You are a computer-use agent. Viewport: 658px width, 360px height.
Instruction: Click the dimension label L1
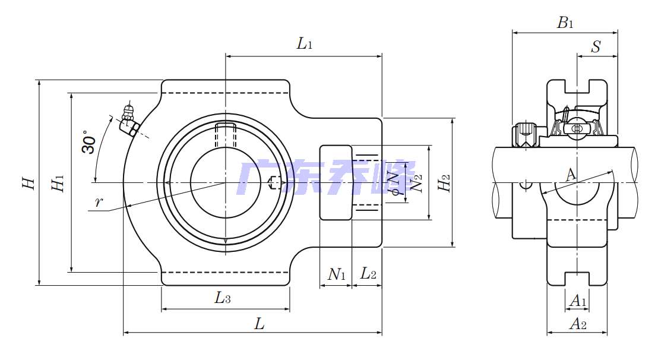[305, 43]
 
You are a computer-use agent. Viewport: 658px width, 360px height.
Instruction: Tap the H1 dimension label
[58, 184]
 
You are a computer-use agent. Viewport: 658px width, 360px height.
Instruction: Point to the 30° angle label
[88, 143]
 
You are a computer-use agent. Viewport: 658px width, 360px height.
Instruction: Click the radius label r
[99, 202]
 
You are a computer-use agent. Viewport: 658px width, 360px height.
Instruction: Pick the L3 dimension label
[223, 298]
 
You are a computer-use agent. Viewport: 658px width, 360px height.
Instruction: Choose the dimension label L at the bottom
[260, 324]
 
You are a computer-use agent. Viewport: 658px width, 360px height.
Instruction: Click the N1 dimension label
[336, 274]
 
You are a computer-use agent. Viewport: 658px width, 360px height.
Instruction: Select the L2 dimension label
[368, 274]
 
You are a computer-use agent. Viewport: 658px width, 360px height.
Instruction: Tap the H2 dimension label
[444, 184]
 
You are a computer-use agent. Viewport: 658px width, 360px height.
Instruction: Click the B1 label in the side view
[565, 23]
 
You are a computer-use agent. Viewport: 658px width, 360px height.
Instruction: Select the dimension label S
[596, 47]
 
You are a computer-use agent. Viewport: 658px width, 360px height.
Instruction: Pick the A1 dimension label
[577, 302]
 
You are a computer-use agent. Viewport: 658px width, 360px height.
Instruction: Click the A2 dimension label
[577, 324]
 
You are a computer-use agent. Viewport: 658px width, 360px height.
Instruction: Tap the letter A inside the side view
[570, 175]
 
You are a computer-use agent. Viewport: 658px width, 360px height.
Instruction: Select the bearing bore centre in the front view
[225, 182]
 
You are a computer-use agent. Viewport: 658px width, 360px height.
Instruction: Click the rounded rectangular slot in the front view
[336, 182]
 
